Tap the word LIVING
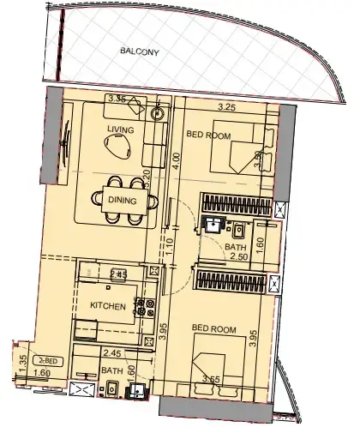click(120, 129)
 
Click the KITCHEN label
click(109, 306)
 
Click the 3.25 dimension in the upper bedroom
click(227, 108)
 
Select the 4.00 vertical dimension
click(173, 159)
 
